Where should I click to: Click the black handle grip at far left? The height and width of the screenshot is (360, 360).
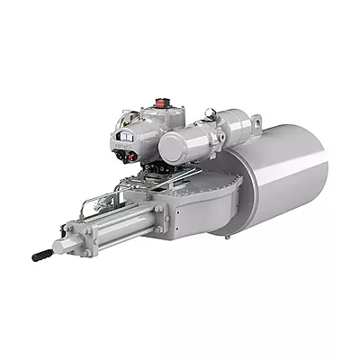[41, 256]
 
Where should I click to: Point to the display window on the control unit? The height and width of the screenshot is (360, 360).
[123, 138]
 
